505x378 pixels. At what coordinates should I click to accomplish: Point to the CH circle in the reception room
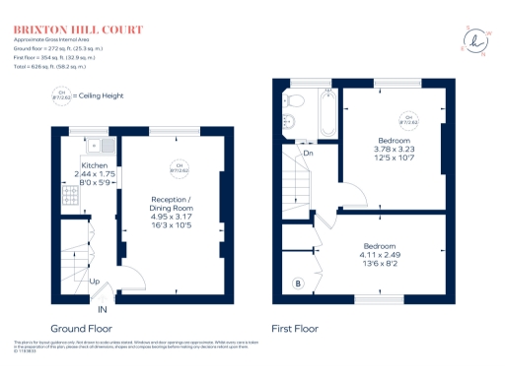[x=178, y=167]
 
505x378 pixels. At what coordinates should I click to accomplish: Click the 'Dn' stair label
[x=308, y=153]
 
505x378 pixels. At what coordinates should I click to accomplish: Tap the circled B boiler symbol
[x=299, y=284]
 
